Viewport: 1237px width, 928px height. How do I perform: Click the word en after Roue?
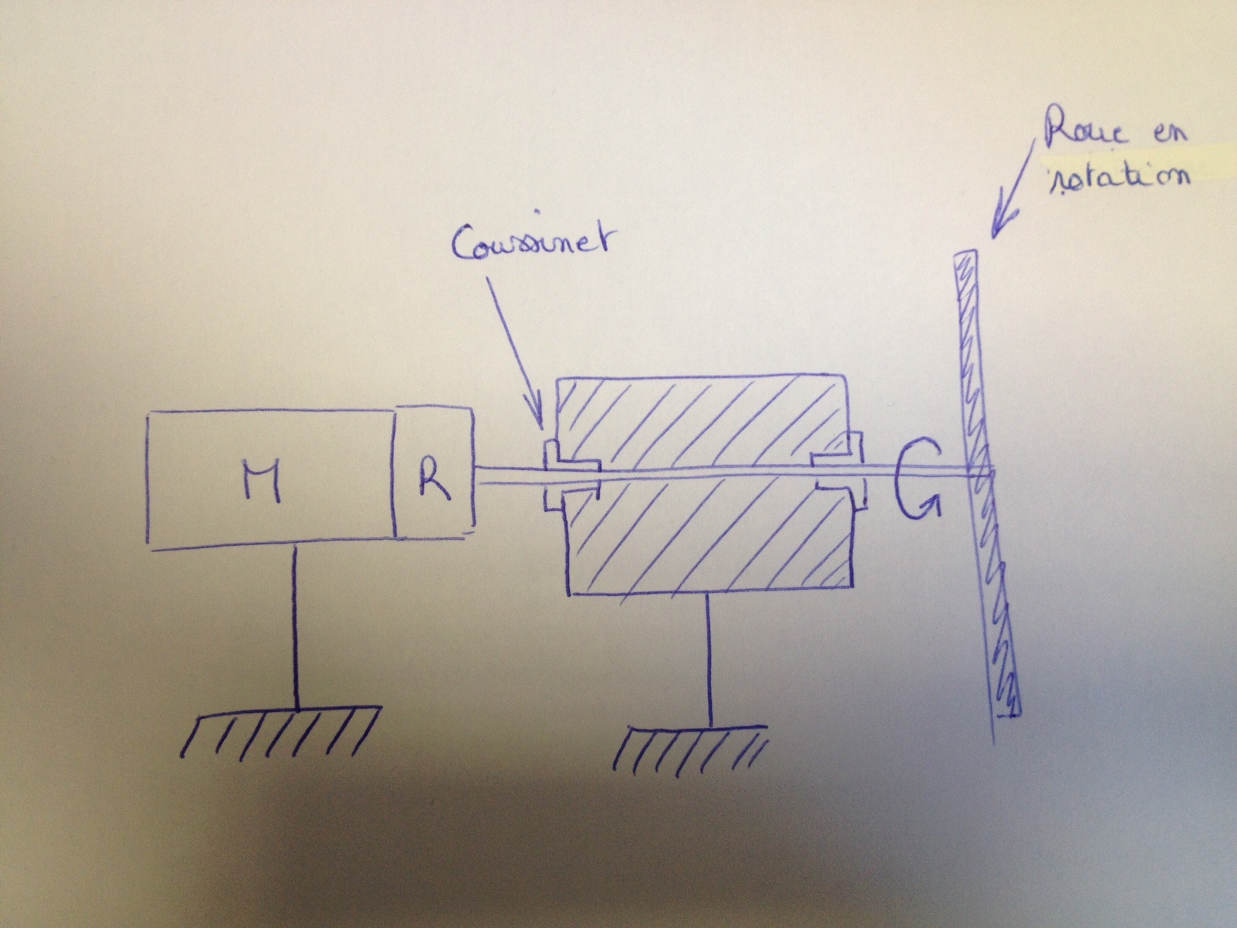click(1167, 135)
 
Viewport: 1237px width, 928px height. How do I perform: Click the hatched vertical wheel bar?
click(985, 485)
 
